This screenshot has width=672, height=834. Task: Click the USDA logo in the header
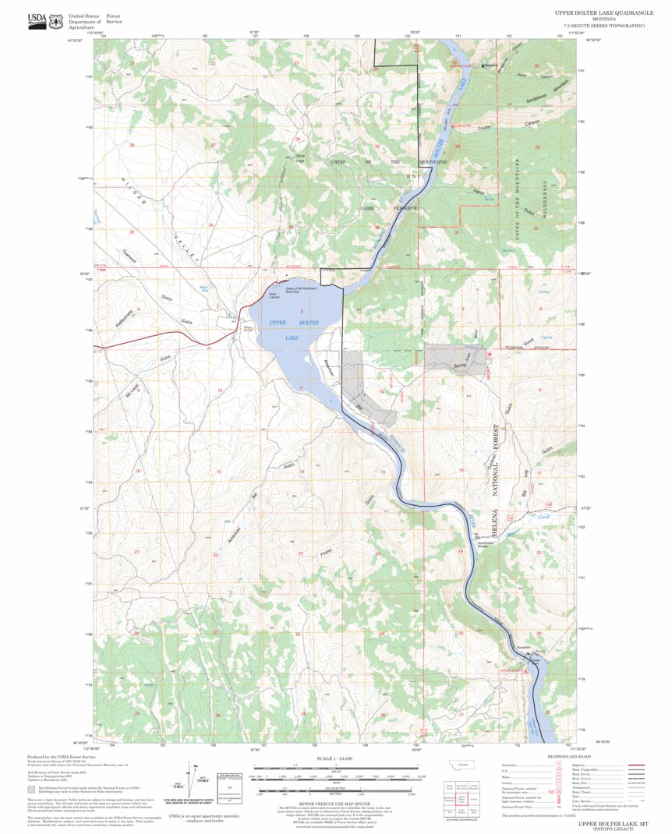coord(37,21)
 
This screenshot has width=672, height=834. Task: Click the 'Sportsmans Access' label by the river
coord(486,544)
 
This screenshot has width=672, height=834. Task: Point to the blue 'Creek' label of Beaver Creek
coord(545,516)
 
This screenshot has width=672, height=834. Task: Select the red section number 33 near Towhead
coord(132,232)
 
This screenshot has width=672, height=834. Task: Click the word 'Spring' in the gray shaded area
coord(458,364)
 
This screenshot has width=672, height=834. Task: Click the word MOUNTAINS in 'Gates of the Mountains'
coord(430,162)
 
